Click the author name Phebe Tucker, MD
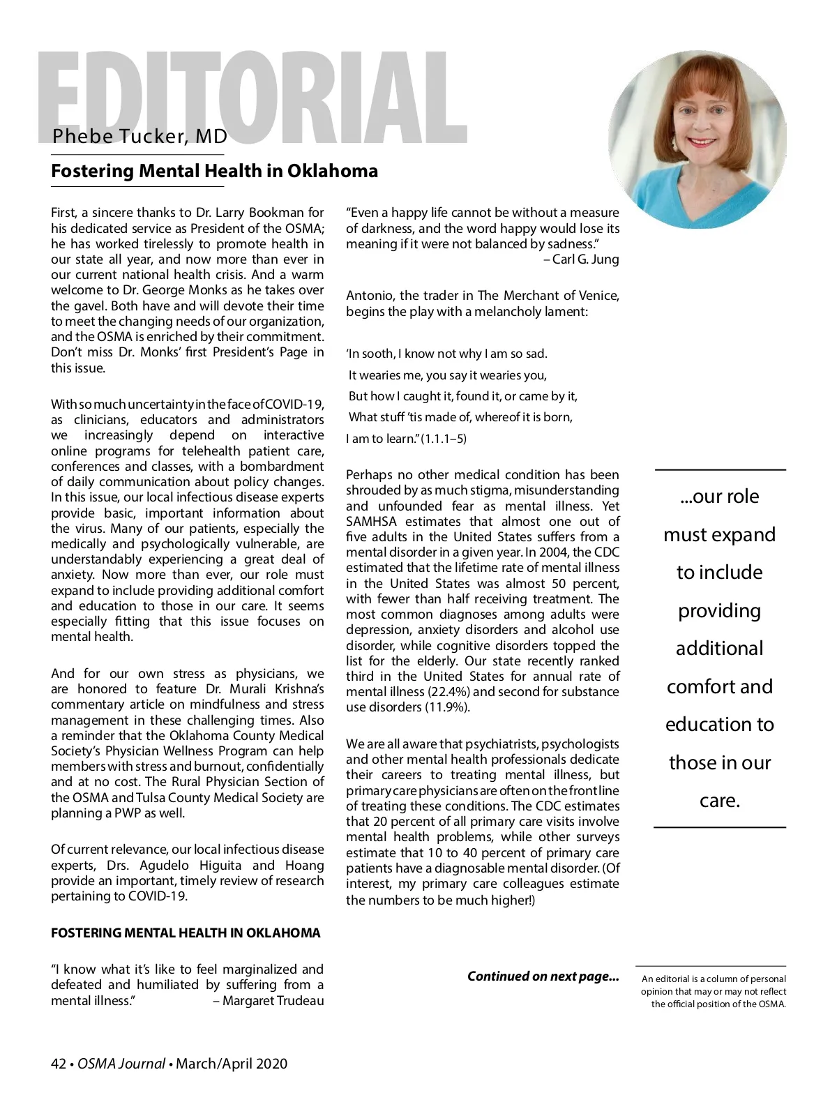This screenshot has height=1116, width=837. pos(139,136)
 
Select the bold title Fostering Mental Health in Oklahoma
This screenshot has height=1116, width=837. pos(214,171)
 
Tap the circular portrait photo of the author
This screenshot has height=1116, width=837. pos(697,139)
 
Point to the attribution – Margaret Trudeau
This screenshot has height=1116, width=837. pos(269,1001)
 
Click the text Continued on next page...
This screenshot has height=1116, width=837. pos(543,976)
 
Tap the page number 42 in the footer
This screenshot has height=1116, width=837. pos(59,1064)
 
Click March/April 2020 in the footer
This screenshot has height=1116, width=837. pos(232,1064)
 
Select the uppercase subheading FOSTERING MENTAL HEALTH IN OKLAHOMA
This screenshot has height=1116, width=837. pos(186,933)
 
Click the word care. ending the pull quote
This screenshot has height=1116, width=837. pos(720,801)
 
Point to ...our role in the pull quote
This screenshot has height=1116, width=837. pos(720,497)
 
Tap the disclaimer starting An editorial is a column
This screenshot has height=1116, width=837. pos(714,991)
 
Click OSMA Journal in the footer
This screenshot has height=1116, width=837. pos(121,1064)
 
